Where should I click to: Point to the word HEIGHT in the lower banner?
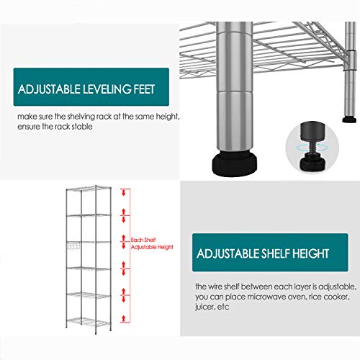[308, 253]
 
